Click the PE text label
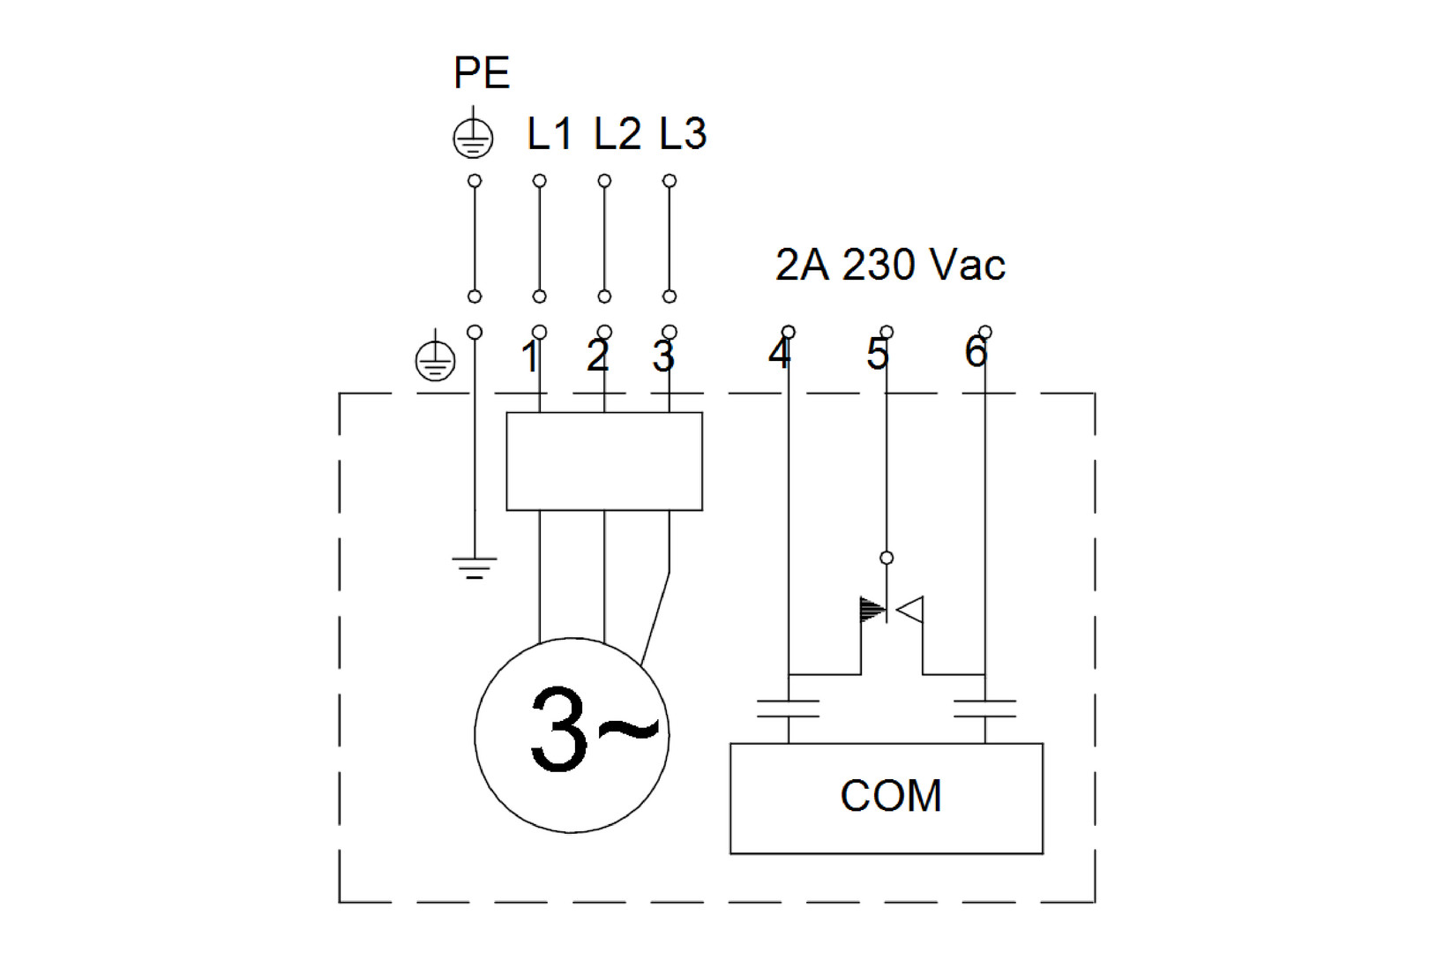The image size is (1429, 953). tap(482, 72)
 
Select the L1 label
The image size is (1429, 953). tap(550, 134)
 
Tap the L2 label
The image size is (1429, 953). tap(617, 134)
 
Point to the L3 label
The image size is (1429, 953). tap(684, 134)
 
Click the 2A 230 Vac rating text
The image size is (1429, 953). tap(891, 264)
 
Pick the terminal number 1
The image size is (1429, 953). tap(529, 356)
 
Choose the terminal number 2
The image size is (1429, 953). tap(598, 356)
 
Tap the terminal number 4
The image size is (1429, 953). tap(780, 353)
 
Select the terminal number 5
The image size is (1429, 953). tap(877, 354)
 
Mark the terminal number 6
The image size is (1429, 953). tap(976, 352)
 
